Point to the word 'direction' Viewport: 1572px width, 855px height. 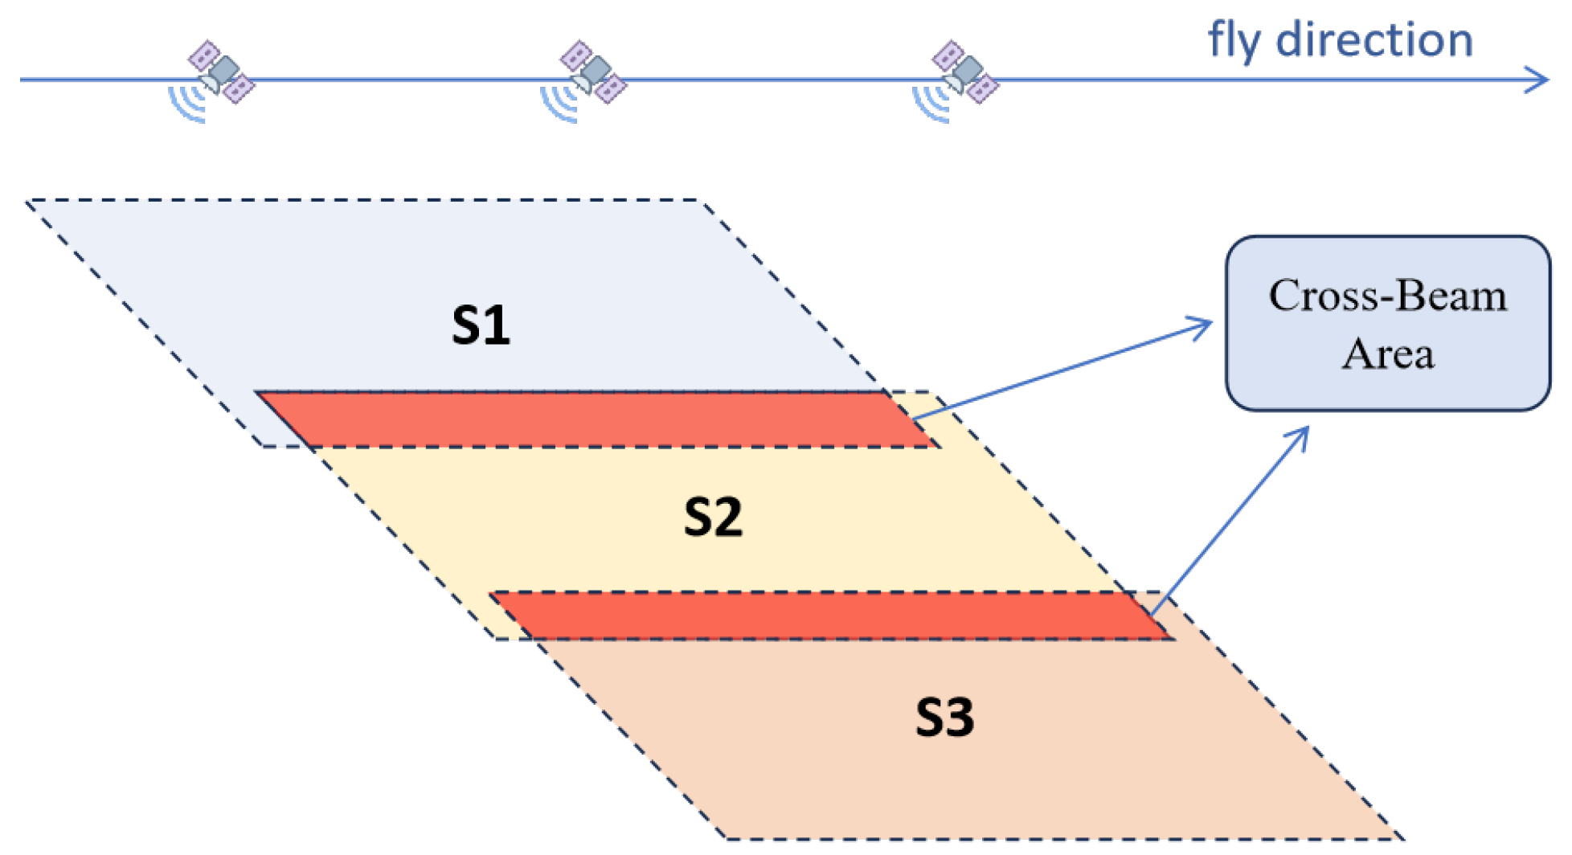coord(1374,40)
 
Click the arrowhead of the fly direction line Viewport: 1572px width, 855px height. coord(1540,80)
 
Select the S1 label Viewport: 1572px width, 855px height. coord(481,325)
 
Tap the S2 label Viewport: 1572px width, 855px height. coord(713,517)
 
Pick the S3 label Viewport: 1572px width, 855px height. coord(944,718)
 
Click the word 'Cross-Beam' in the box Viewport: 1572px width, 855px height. coord(1387,296)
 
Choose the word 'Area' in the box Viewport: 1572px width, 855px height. coord(1387,354)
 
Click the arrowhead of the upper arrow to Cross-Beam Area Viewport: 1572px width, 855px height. coord(1205,324)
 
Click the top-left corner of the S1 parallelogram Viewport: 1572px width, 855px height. coord(28,201)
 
